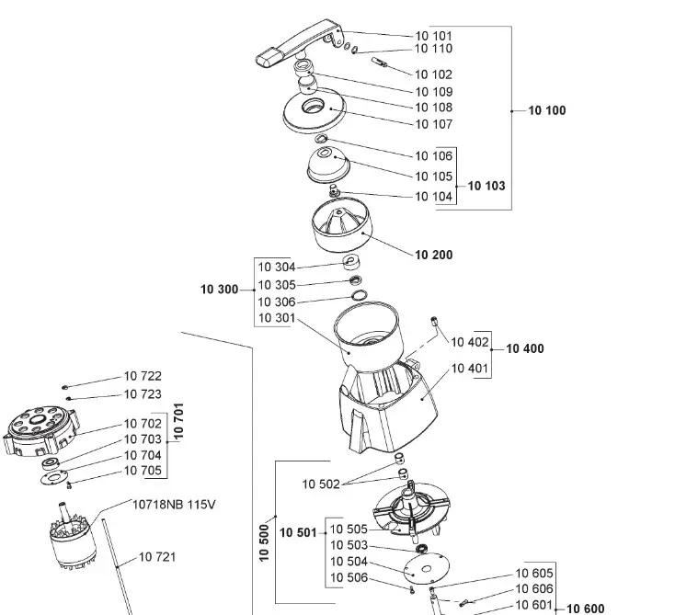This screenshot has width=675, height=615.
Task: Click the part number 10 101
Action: pos(433,36)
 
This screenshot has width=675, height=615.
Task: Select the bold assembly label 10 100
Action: pos(547,111)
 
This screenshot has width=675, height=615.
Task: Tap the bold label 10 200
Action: pos(434,255)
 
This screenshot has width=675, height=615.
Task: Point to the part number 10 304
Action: pos(276,268)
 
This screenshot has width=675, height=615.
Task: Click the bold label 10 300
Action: pos(219,290)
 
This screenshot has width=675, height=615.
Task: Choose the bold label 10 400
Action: pos(524,349)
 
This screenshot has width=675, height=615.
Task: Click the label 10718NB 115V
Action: pos(176,505)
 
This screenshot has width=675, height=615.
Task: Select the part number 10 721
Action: pos(157,557)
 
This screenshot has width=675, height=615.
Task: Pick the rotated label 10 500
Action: pos(265,542)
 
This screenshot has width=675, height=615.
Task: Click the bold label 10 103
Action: pos(486,186)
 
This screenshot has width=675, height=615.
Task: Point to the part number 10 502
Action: pos(321,484)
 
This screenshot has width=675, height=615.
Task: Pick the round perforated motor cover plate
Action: pos(40,430)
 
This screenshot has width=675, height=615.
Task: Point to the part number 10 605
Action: pos(534,574)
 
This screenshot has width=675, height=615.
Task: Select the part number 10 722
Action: pos(143,376)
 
